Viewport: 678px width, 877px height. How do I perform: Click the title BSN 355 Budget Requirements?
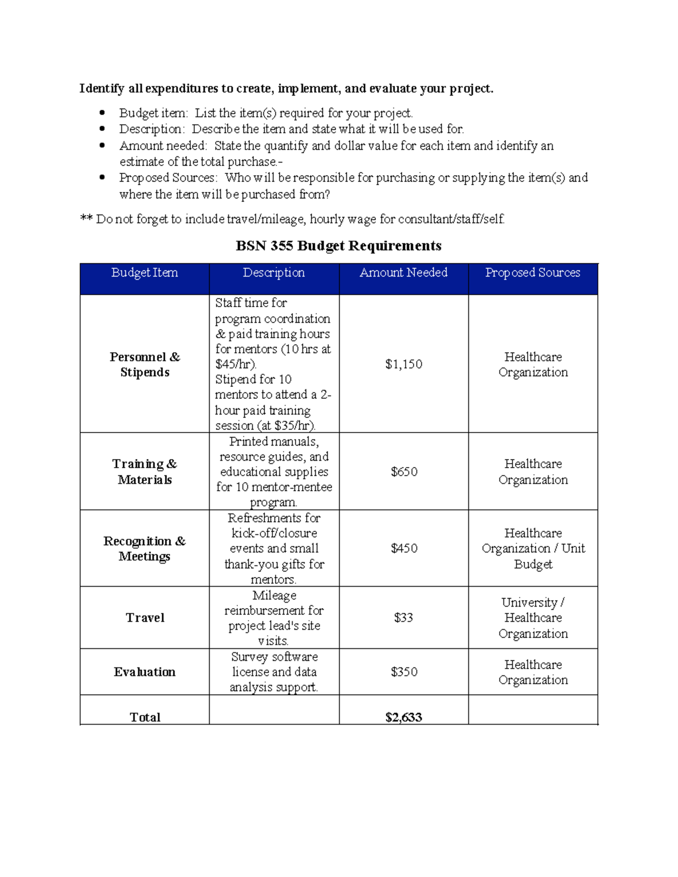coord(338,246)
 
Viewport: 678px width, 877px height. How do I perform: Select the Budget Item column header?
coord(145,273)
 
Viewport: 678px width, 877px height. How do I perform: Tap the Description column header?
coord(274,273)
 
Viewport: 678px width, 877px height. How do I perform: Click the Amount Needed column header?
coord(403,273)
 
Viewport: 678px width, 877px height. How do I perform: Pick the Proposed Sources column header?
coord(533,273)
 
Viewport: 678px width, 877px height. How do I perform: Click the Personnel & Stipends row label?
coord(145,364)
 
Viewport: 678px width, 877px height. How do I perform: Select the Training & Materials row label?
coord(145,472)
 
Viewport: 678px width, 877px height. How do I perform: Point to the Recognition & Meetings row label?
coord(145,548)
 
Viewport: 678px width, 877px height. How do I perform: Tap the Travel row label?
coord(145,618)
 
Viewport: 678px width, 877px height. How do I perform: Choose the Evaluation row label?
coord(145,672)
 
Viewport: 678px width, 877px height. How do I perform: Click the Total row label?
coord(145,717)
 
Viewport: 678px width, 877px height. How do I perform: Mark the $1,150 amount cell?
coord(403,364)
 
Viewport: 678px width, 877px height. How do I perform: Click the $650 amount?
coord(404,472)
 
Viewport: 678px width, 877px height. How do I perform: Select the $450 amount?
coord(404,548)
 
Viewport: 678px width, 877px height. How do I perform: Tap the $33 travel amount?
coord(403,618)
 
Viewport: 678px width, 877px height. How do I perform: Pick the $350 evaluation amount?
coord(404,672)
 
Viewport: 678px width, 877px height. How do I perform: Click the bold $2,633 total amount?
coord(403,717)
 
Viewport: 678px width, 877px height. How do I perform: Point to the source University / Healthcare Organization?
coord(533,618)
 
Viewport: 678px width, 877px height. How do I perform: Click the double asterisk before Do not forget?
coord(86,219)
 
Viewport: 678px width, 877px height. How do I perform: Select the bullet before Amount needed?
coord(102,145)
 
